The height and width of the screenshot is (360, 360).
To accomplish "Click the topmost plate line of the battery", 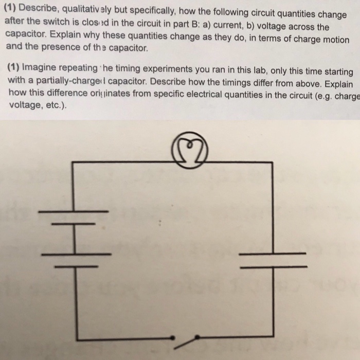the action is click(x=74, y=211).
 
